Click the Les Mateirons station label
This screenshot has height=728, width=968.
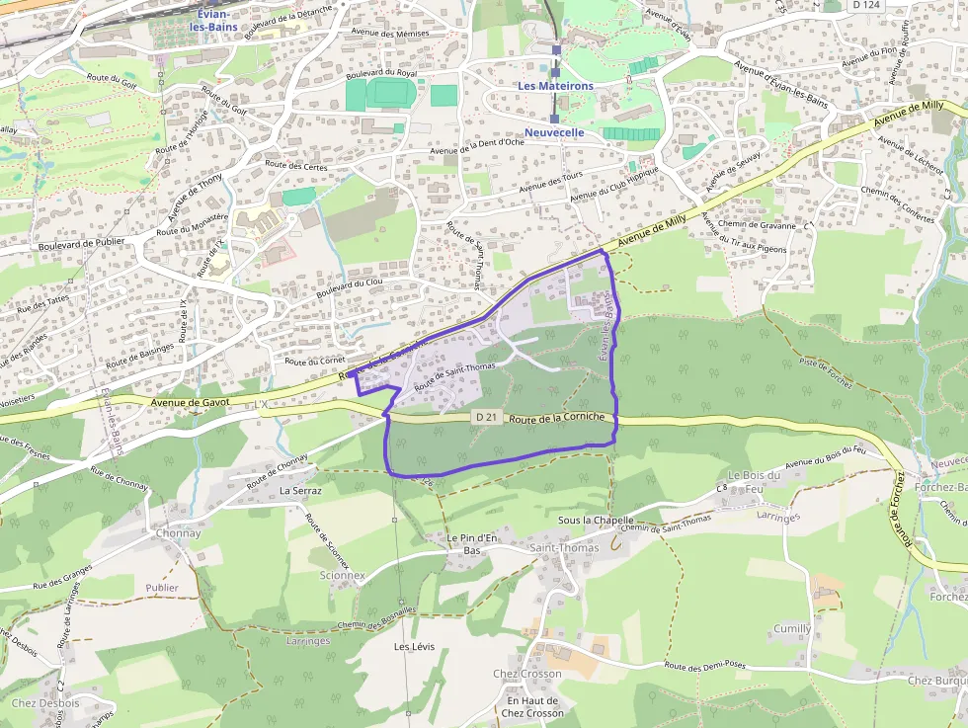pyautogui.click(x=556, y=86)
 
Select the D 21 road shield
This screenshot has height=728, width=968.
pyautogui.click(x=483, y=417)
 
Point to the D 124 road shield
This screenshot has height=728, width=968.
pyautogui.click(x=865, y=5)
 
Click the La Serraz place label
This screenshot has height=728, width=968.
pyautogui.click(x=300, y=490)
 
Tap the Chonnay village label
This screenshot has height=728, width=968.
pyautogui.click(x=178, y=533)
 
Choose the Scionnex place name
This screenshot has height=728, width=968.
pyautogui.click(x=343, y=575)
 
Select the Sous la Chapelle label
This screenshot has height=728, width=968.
pyautogui.click(x=596, y=520)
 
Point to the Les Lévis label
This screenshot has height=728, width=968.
pyautogui.click(x=415, y=647)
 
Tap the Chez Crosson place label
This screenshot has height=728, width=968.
pyautogui.click(x=527, y=674)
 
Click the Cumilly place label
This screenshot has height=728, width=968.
pyautogui.click(x=792, y=628)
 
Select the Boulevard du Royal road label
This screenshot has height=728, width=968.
pyautogui.click(x=383, y=72)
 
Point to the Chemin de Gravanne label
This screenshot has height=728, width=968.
pyautogui.click(x=758, y=224)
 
